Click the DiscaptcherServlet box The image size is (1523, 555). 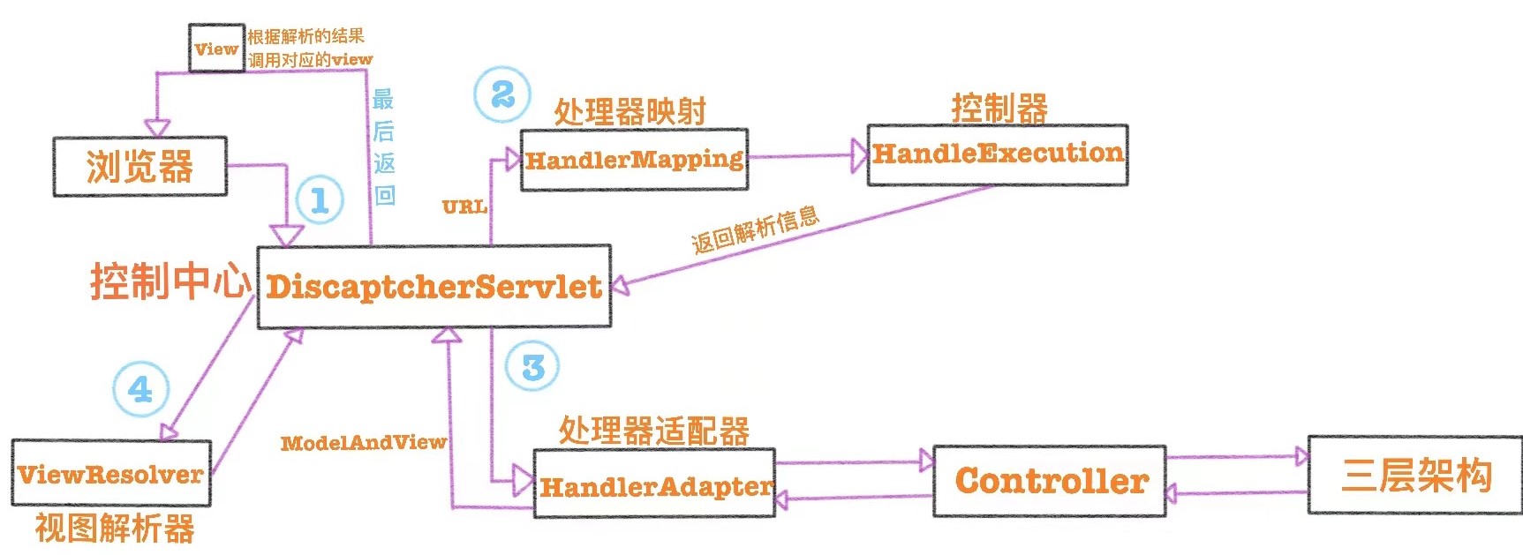434,287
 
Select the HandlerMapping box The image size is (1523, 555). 634,160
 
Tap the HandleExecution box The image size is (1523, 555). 997,154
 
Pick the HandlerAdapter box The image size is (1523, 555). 654,484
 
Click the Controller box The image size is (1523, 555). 1050,481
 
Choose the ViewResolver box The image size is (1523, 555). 110,474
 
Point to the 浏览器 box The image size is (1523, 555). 139,166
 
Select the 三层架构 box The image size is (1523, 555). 1415,475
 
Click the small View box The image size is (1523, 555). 216,49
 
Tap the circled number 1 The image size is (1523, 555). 319,199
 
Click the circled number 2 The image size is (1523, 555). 502,94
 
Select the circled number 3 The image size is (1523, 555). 532,367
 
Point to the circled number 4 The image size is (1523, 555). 140,389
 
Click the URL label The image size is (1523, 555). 464,207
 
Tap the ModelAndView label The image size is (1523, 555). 363,442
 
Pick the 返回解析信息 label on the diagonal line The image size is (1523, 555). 756,230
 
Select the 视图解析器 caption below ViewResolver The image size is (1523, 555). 115,529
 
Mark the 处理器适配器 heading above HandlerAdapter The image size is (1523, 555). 653,431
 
